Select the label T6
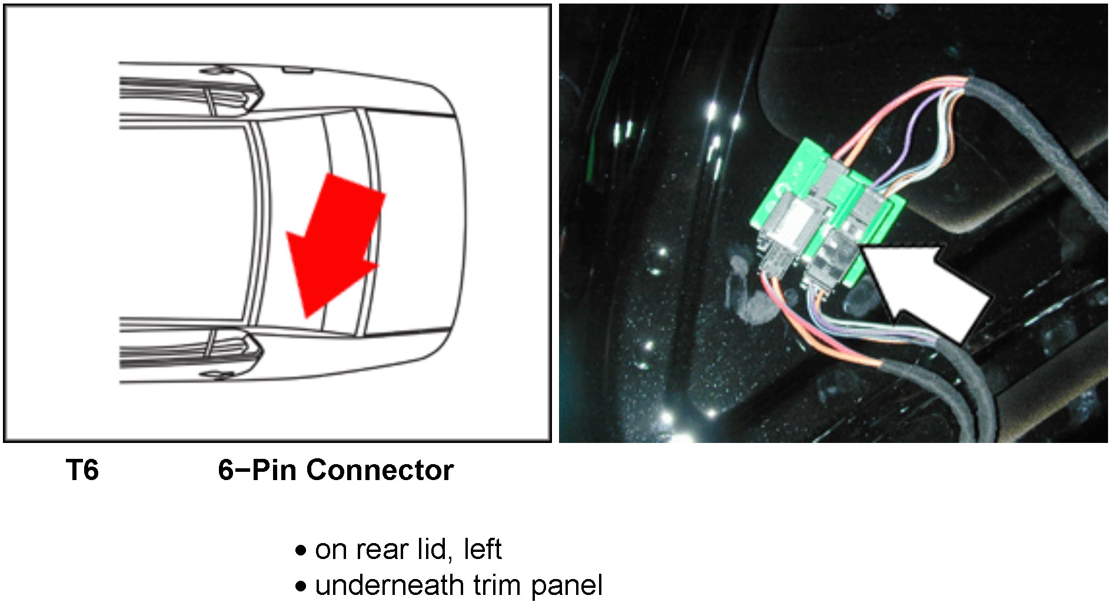click(82, 470)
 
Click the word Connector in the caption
click(380, 470)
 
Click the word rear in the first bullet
click(382, 550)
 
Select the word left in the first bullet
click(483, 550)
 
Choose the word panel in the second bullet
click(567, 586)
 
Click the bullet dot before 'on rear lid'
click(301, 551)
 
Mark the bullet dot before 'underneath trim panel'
click(301, 587)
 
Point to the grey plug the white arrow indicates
click(833, 253)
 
